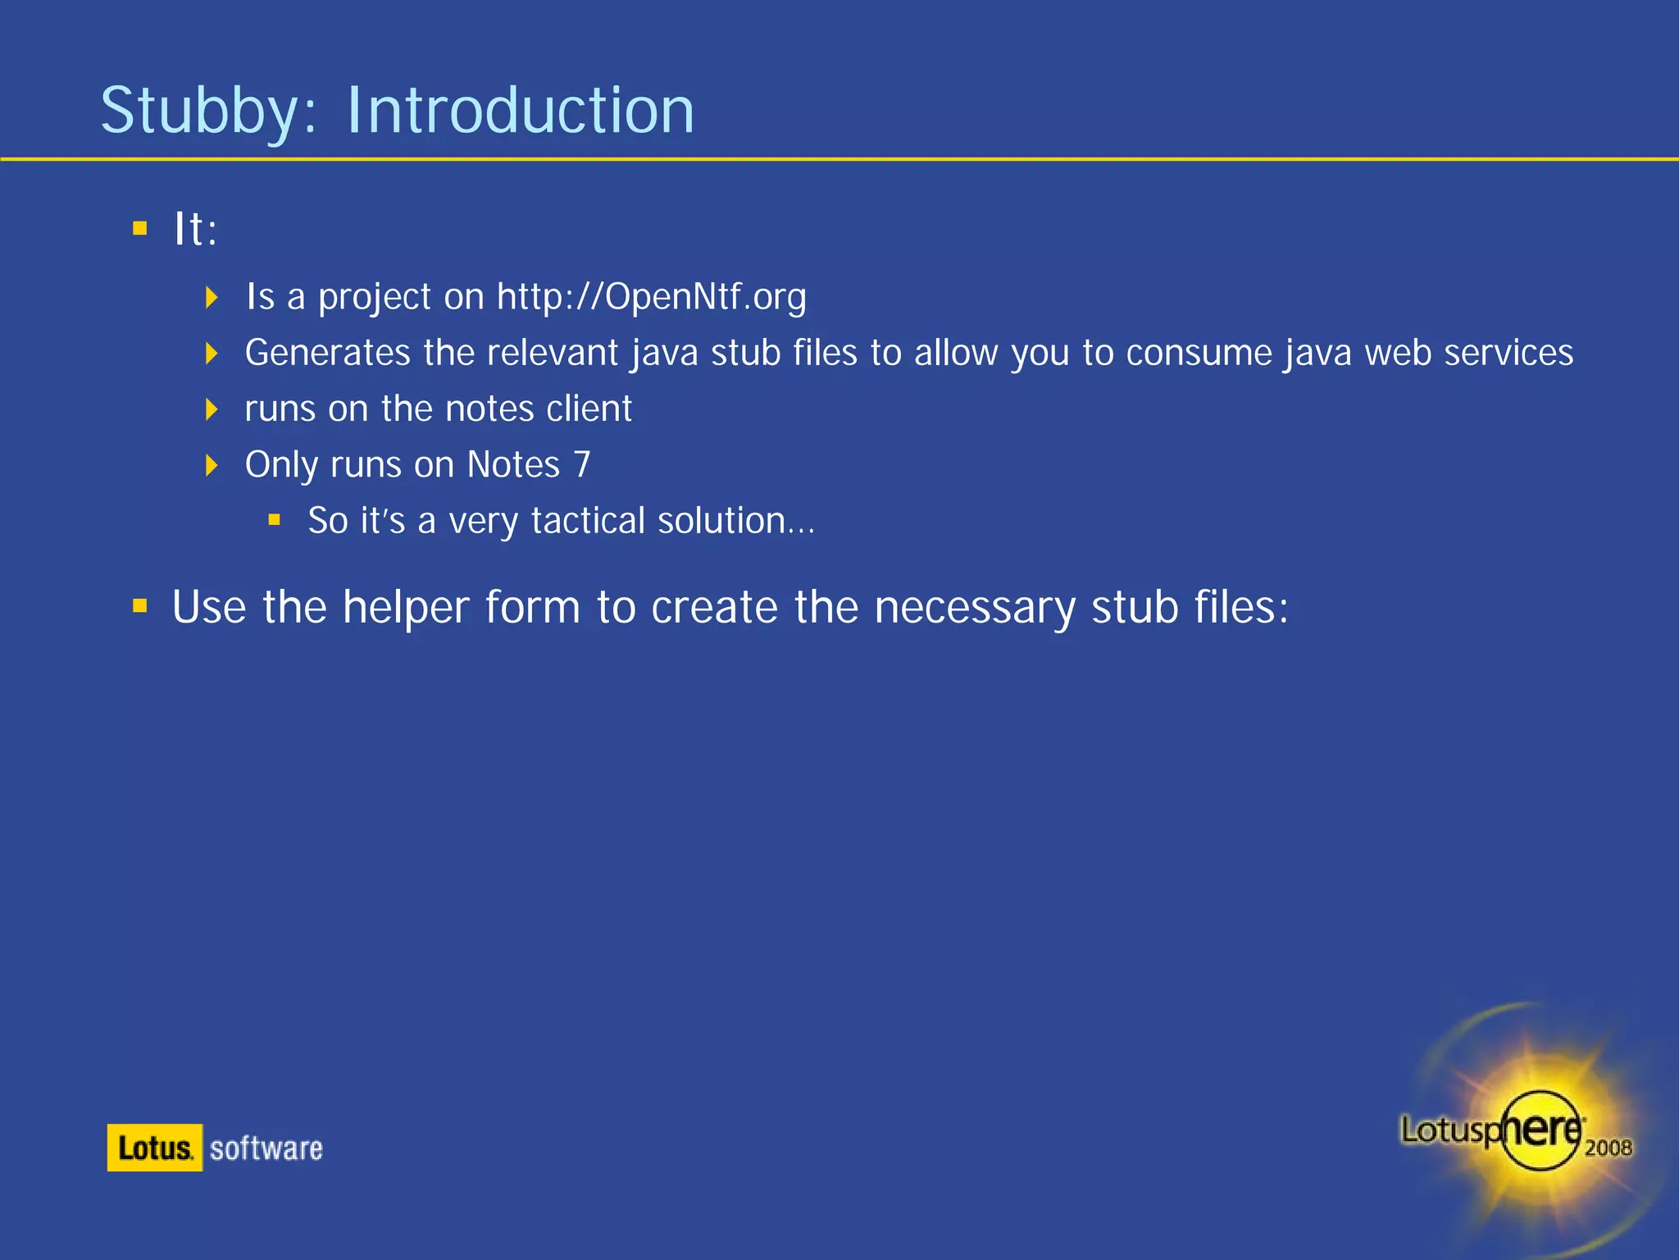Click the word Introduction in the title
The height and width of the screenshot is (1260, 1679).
520,111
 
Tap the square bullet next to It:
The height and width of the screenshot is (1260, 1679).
140,228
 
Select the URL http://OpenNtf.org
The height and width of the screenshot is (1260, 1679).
651,296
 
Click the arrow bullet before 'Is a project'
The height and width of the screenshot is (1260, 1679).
212,297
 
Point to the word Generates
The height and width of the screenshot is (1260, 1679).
327,353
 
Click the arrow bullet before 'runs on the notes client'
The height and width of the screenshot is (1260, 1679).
212,409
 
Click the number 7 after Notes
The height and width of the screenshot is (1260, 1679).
582,464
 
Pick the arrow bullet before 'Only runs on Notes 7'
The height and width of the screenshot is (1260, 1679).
212,465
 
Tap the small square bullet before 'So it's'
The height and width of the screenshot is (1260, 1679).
275,520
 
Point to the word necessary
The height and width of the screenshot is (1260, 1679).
974,607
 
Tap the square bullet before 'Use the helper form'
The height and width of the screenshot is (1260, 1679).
140,606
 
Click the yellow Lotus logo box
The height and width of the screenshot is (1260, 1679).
154,1148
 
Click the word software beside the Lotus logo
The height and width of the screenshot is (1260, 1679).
266,1148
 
